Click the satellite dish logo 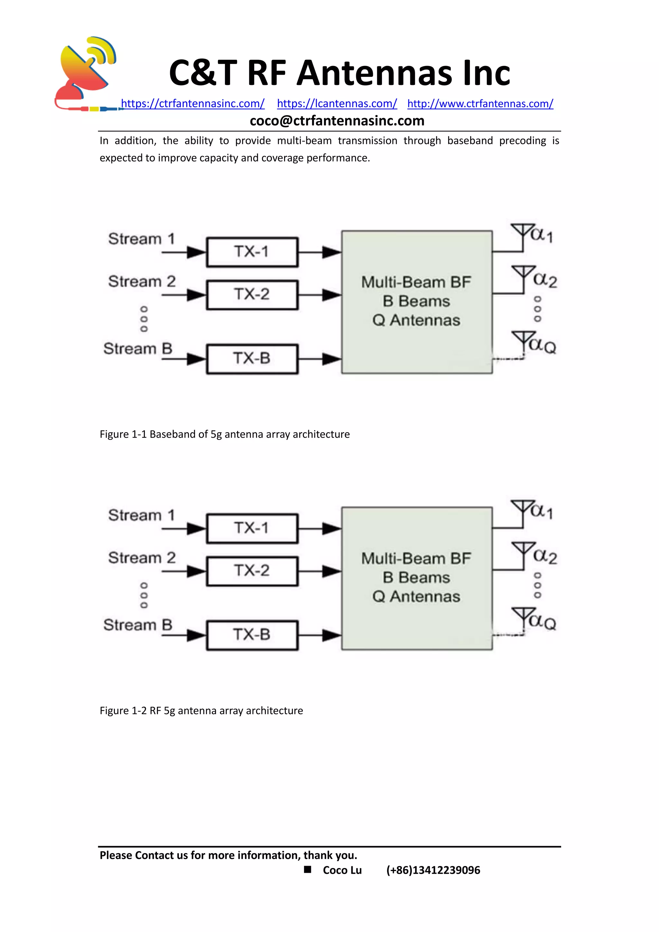click(86, 73)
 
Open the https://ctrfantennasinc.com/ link click(193, 104)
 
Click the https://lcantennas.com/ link click(337, 104)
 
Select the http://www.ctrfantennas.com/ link click(480, 104)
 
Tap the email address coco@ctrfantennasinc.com click(337, 121)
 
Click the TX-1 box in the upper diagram click(252, 252)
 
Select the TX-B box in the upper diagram click(252, 359)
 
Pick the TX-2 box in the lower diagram click(252, 571)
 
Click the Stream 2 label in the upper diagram click(142, 281)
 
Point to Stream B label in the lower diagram click(138, 625)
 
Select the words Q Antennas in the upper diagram click(416, 321)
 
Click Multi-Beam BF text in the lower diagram click(416, 559)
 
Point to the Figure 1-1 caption click(224, 434)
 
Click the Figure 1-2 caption click(201, 711)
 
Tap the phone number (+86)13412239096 click(433, 870)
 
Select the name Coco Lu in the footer click(342, 870)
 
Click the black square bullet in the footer click(308, 870)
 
